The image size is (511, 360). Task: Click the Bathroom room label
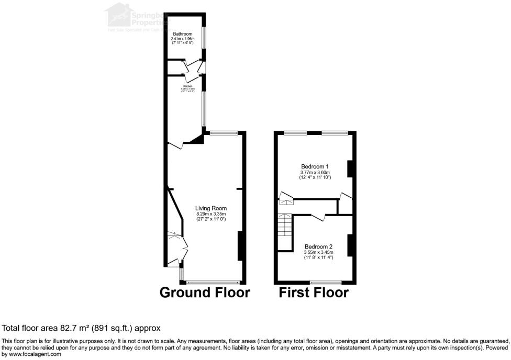pyautogui.click(x=183, y=34)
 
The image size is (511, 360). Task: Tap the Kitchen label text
pyautogui.click(x=188, y=86)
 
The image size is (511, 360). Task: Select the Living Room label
pyautogui.click(x=211, y=208)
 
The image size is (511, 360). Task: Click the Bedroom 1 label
pyautogui.click(x=315, y=166)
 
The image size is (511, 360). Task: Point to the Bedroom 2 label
pyautogui.click(x=318, y=246)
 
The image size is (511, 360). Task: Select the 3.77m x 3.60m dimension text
pyautogui.click(x=315, y=172)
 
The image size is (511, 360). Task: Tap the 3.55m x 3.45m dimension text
pyautogui.click(x=318, y=252)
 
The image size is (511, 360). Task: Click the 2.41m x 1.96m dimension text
pyautogui.click(x=183, y=39)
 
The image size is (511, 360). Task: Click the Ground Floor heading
pyautogui.click(x=205, y=292)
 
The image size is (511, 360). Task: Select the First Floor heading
pyautogui.click(x=314, y=292)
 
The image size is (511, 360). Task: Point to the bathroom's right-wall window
pyautogui.click(x=205, y=38)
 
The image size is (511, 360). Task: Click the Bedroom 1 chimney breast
pyautogui.click(x=350, y=168)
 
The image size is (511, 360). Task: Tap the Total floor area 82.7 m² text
pyautogui.click(x=81, y=328)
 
